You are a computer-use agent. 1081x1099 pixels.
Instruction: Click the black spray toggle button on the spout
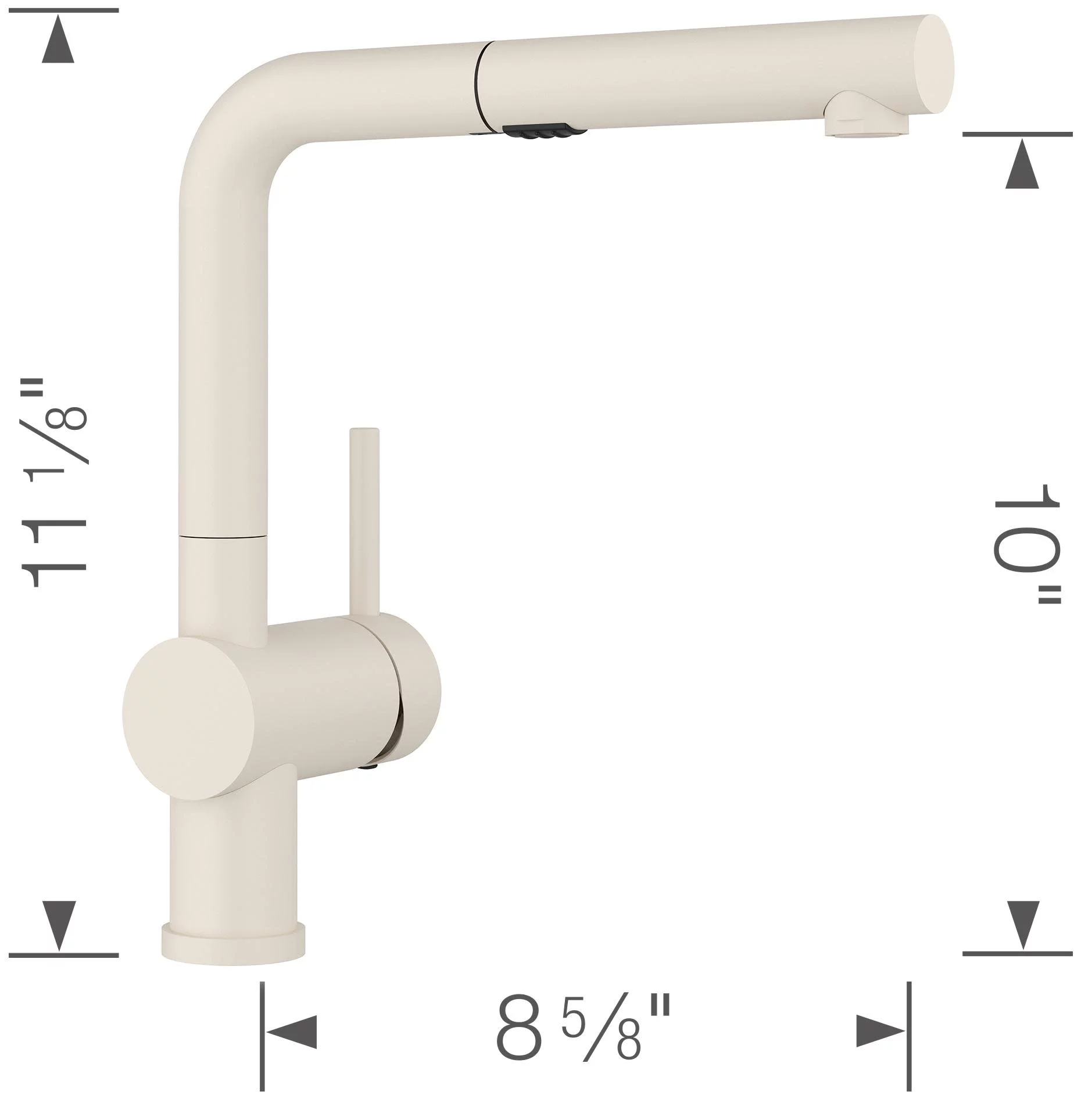(536, 132)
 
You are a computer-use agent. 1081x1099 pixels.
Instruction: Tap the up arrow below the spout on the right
(1022, 171)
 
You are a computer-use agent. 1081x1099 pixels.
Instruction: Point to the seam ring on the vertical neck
(223, 534)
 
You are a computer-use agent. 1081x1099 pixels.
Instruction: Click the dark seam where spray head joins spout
(479, 81)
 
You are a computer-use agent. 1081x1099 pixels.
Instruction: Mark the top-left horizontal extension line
(64, 10)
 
